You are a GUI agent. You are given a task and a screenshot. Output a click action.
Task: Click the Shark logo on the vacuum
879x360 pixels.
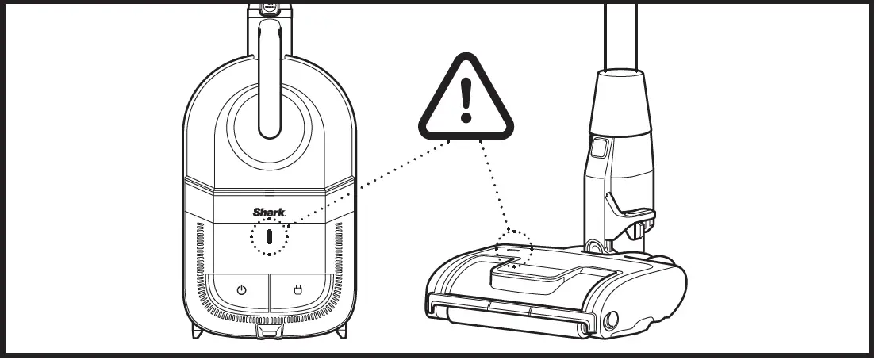pyautogui.click(x=268, y=213)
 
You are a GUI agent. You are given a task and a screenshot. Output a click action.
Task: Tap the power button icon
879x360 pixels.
pyautogui.click(x=241, y=289)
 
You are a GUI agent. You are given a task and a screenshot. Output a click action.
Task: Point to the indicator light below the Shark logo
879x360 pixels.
pyautogui.click(x=270, y=237)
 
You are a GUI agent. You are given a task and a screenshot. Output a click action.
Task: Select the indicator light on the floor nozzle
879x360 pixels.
pyautogui.click(x=513, y=248)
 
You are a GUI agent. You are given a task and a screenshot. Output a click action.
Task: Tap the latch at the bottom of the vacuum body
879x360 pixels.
pyautogui.click(x=270, y=332)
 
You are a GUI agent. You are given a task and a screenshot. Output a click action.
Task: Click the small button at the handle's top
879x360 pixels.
pyautogui.click(x=271, y=8)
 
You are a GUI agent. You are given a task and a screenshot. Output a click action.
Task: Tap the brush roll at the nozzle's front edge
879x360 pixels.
pyautogui.click(x=508, y=315)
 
